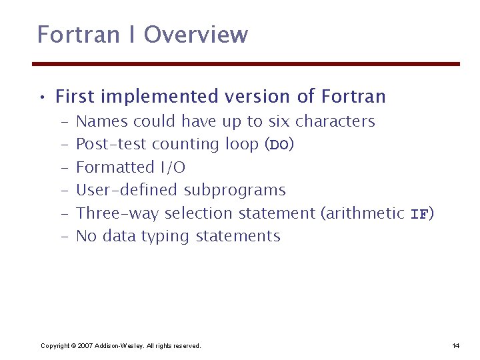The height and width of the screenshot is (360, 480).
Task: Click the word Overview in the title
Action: click(x=196, y=35)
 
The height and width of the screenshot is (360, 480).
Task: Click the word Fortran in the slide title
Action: click(x=67, y=35)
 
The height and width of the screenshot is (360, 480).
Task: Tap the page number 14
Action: click(x=456, y=345)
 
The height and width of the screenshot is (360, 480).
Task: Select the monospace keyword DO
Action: click(x=278, y=145)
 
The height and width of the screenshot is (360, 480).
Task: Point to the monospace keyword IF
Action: click(x=419, y=214)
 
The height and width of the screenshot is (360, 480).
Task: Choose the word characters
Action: click(x=335, y=121)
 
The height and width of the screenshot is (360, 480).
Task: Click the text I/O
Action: click(x=172, y=167)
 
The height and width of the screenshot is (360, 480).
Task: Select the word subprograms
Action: click(x=234, y=191)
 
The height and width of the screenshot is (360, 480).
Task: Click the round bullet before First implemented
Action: click(x=41, y=98)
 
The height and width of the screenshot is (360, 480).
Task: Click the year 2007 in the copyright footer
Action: click(x=85, y=345)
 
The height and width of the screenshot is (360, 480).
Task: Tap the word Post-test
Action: click(x=111, y=145)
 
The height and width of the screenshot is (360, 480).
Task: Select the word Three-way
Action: click(x=117, y=213)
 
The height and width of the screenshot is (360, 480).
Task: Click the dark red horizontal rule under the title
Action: click(x=247, y=64)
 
